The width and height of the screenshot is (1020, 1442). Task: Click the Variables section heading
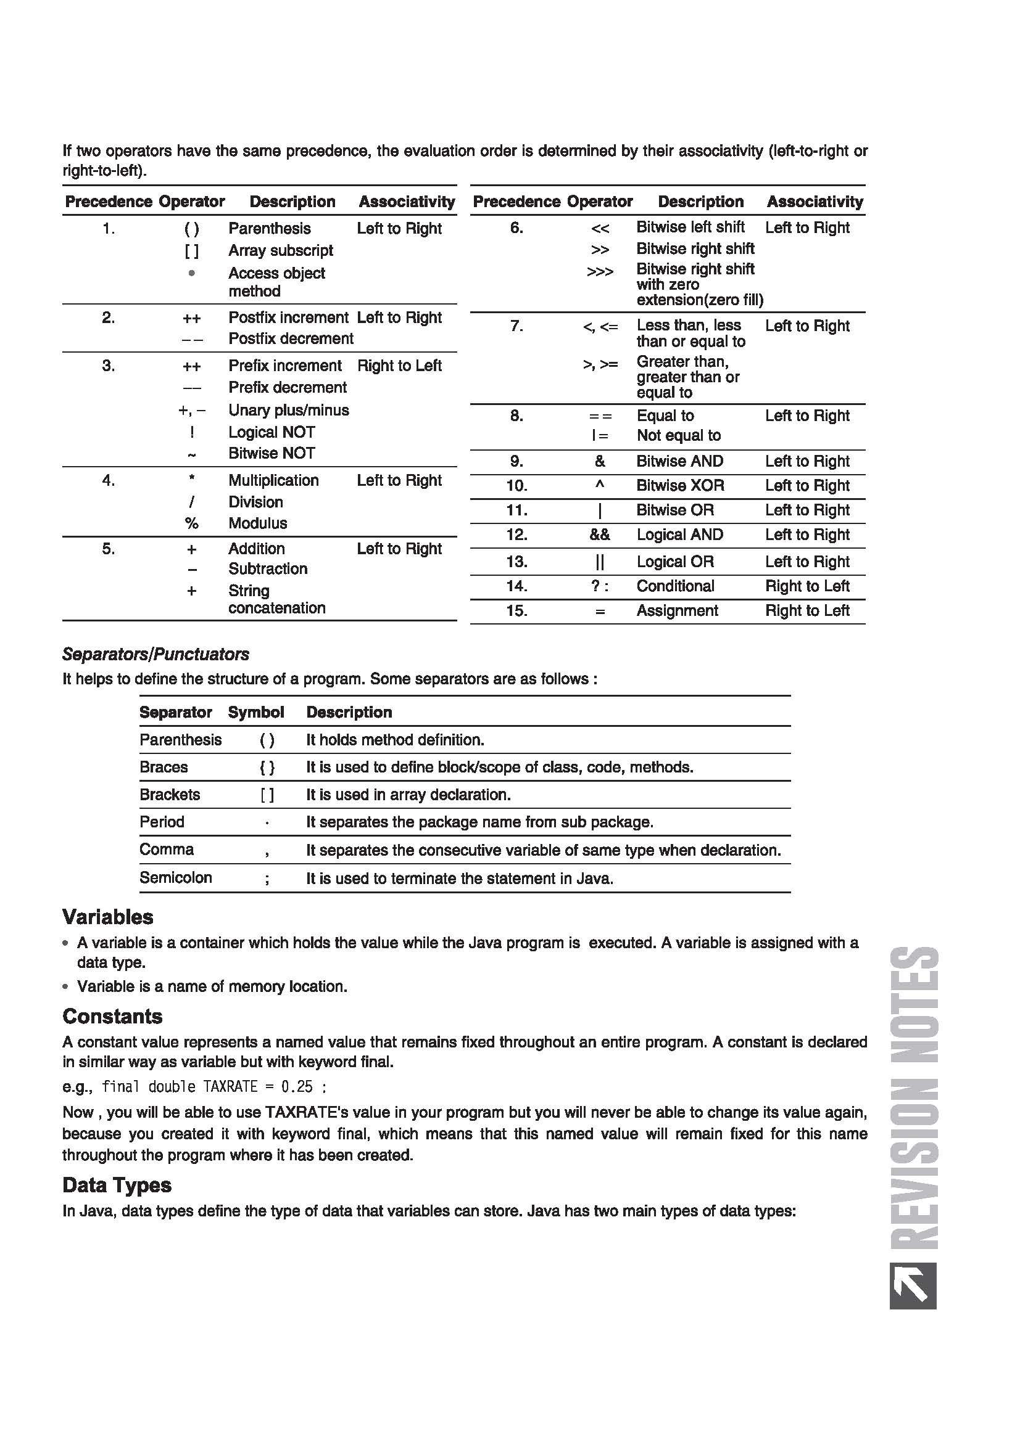(x=107, y=917)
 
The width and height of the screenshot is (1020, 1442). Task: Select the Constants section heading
(x=112, y=1016)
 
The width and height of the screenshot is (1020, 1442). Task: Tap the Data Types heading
(x=117, y=1185)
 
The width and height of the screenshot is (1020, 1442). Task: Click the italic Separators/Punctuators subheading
(x=155, y=653)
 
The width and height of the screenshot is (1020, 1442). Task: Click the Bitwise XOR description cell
(x=680, y=485)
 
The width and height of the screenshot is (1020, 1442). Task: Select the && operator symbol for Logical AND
(x=600, y=535)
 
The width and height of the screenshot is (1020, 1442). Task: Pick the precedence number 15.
(x=516, y=610)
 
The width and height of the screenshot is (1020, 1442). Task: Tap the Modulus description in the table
(x=258, y=523)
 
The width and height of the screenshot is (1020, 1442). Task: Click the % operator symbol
(x=192, y=523)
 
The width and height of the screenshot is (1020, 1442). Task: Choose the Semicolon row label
(x=175, y=877)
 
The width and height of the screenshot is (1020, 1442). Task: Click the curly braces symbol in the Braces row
(x=267, y=768)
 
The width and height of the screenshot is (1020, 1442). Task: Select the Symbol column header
(x=256, y=712)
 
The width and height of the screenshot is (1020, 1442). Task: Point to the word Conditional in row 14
(x=675, y=586)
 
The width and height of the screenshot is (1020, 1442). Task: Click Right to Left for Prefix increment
(x=399, y=366)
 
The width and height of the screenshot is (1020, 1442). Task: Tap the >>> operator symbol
(x=600, y=272)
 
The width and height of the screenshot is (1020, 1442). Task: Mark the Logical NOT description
(x=272, y=432)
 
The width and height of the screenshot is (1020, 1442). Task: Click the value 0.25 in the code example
(x=297, y=1086)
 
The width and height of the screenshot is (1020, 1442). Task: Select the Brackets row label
(x=170, y=795)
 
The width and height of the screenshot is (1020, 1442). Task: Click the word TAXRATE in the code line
(x=230, y=1086)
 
